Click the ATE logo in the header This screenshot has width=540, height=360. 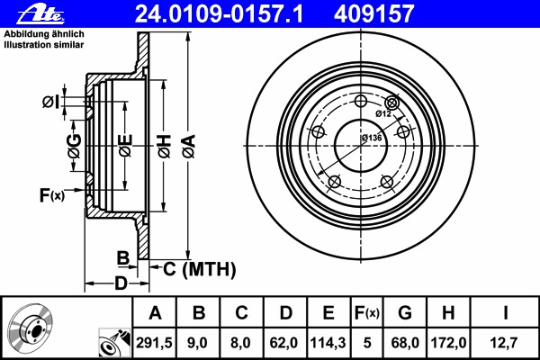[x=40, y=15]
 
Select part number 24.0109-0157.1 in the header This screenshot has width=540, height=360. [x=219, y=14]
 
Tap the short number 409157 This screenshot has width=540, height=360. [x=373, y=14]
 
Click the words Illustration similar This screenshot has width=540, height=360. [x=44, y=45]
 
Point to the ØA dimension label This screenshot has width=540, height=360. [x=189, y=147]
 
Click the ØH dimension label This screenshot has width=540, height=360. [x=165, y=147]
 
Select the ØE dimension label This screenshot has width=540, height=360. [x=125, y=146]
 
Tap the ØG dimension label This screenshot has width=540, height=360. [x=75, y=146]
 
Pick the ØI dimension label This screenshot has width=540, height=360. [x=51, y=102]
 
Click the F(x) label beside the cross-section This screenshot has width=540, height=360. [x=52, y=195]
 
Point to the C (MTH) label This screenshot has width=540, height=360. [x=200, y=269]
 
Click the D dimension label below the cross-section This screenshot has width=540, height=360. [x=121, y=283]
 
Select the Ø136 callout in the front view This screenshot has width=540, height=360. [x=372, y=138]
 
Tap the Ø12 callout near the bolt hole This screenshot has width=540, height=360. [x=383, y=113]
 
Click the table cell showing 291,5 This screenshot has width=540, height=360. [x=154, y=343]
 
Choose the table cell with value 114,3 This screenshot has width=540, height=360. [x=328, y=343]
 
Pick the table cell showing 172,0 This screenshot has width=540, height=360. [x=448, y=343]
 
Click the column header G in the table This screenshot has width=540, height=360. [x=405, y=313]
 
